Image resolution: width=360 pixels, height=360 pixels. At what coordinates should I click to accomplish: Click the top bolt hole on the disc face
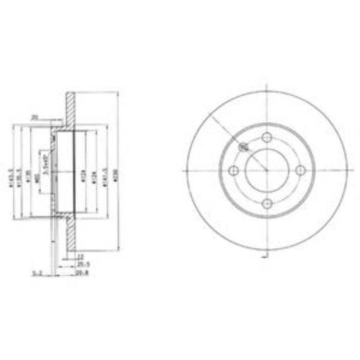pyautogui.click(x=266, y=137)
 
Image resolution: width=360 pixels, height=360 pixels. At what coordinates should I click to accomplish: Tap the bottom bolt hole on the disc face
pyautogui.click(x=266, y=204)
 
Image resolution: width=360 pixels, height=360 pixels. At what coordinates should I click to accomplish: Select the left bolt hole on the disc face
pyautogui.click(x=233, y=171)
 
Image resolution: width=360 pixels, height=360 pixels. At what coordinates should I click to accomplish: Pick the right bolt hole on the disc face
pyautogui.click(x=300, y=171)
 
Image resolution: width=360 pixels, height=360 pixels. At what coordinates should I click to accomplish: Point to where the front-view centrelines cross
pyautogui.click(x=266, y=171)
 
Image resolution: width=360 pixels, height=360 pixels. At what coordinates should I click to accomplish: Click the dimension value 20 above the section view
pyautogui.click(x=35, y=118)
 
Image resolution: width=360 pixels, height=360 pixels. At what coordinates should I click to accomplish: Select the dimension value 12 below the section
pyautogui.click(x=80, y=256)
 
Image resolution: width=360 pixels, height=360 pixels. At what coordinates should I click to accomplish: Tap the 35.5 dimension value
pyautogui.click(x=80, y=265)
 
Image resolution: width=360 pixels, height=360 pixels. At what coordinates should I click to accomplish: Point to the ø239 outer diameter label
pyautogui.click(x=116, y=172)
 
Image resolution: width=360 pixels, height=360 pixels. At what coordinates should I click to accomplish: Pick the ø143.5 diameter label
pyautogui.click(x=12, y=172)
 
